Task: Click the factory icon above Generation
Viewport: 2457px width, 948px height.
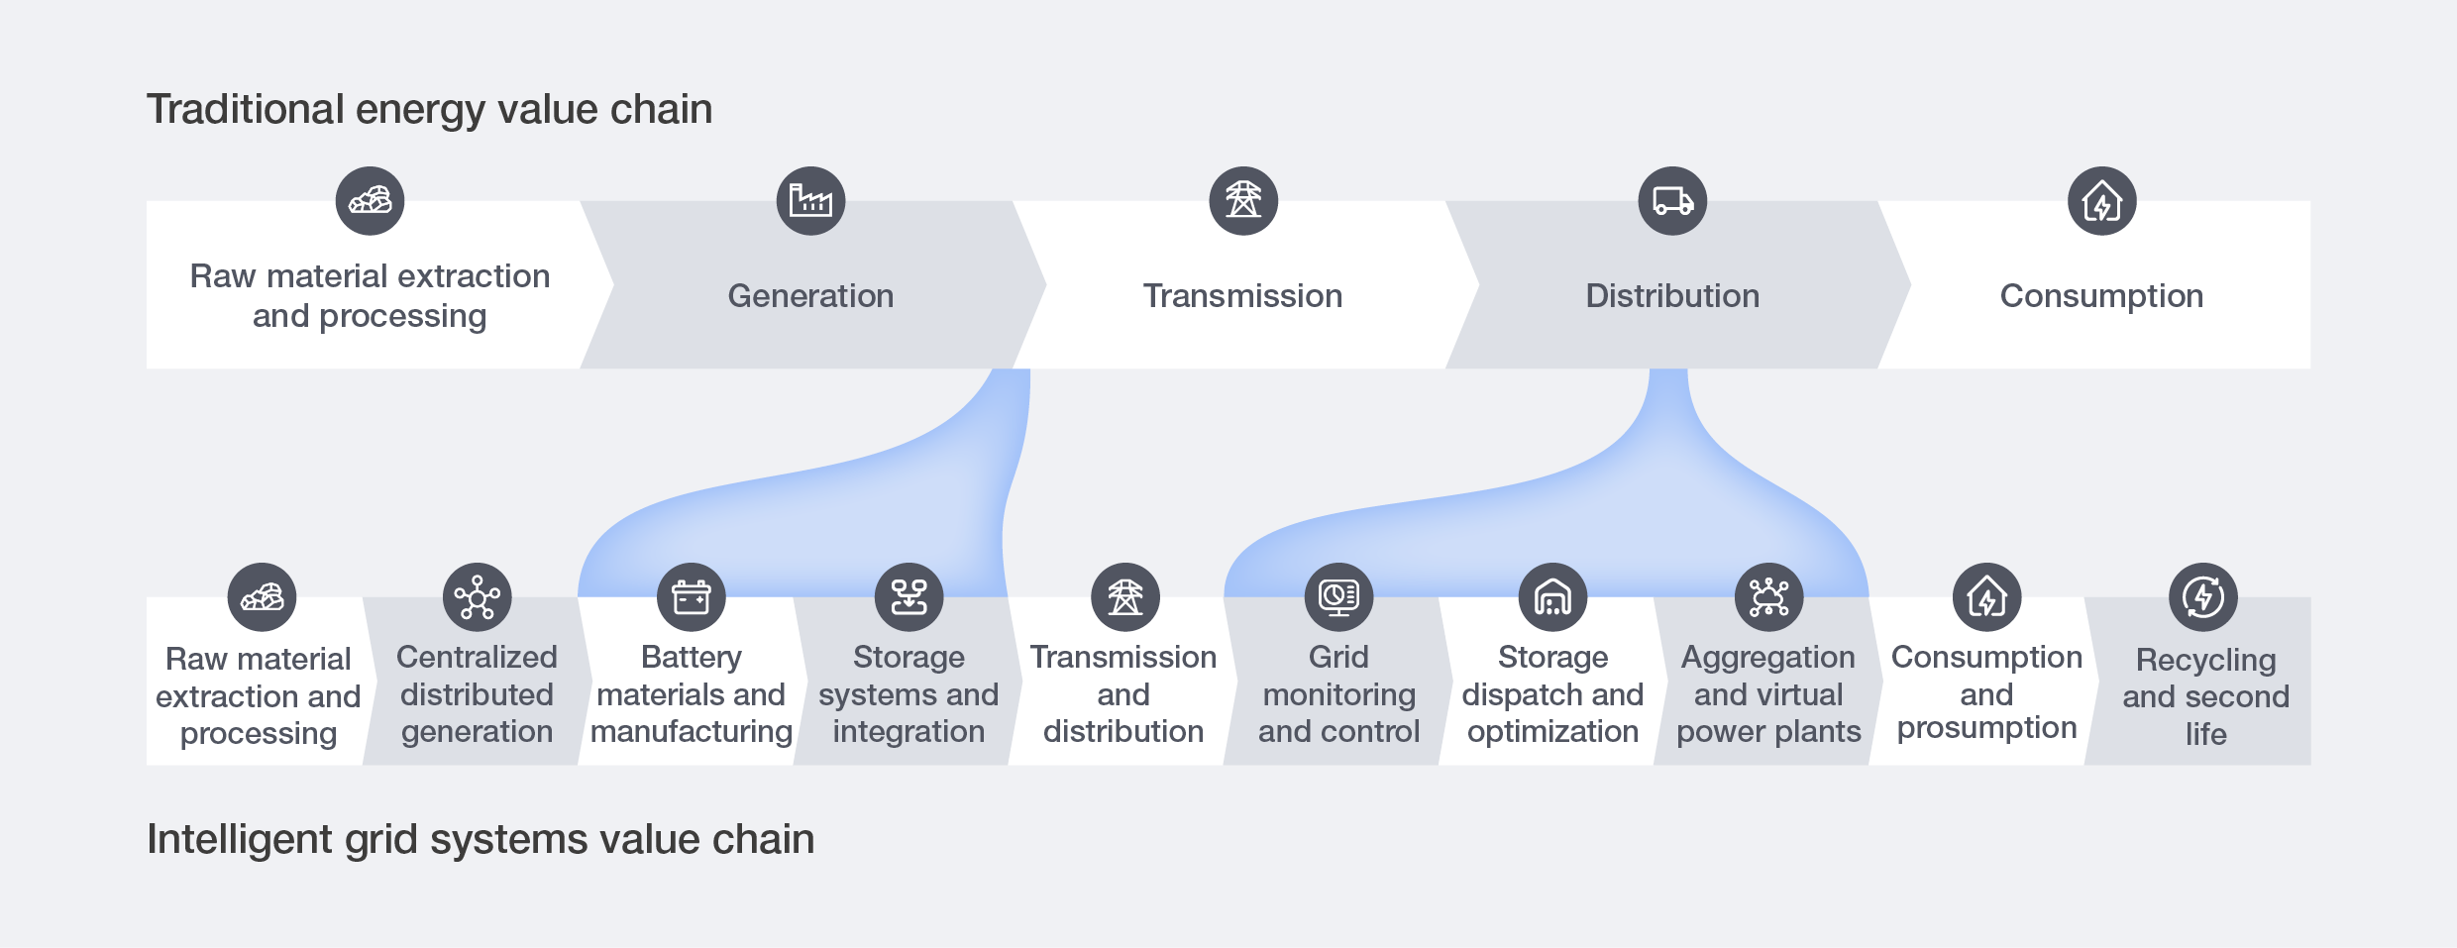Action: pos(810,201)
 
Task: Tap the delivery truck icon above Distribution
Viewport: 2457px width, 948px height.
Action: pos(1672,201)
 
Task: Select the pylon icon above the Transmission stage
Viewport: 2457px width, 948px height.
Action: pos(1243,201)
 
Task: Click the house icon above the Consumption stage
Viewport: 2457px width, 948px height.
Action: pos(2101,201)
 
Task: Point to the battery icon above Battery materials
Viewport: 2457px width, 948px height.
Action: pos(692,597)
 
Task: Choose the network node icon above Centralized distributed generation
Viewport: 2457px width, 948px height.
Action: pos(477,597)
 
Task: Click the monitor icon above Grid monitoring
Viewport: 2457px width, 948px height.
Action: pos(1338,597)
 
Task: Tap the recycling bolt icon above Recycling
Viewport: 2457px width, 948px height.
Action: pos(2203,597)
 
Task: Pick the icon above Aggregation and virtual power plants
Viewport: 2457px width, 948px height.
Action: pos(1768,597)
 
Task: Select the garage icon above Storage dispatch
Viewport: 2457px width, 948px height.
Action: pos(1552,597)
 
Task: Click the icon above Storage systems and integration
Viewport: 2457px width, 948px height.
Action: pos(908,597)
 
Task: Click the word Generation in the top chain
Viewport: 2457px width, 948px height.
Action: pos(810,296)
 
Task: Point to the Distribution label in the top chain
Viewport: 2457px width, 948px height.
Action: pos(1672,296)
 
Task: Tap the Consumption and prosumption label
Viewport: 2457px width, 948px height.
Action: pos(1986,692)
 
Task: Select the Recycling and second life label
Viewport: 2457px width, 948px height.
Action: pos(2205,696)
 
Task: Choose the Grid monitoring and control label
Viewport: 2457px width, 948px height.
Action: pos(1338,694)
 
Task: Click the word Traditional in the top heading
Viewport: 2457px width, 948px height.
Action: pos(245,109)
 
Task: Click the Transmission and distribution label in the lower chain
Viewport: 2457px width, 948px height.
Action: pos(1123,694)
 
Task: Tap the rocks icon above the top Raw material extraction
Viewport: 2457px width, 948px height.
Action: pos(370,201)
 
